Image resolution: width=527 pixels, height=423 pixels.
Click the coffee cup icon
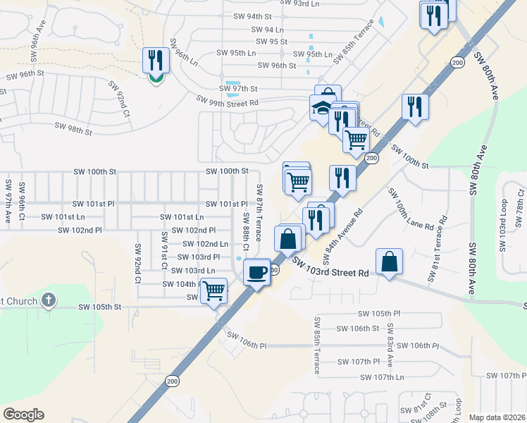(257, 271)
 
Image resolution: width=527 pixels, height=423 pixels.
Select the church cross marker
(47, 301)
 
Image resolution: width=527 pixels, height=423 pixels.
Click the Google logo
(23, 415)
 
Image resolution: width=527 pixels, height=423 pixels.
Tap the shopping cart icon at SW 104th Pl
(214, 290)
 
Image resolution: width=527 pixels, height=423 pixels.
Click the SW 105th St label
(100, 307)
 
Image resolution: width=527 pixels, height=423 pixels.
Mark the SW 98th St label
(74, 130)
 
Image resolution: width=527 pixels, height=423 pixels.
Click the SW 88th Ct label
(246, 232)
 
